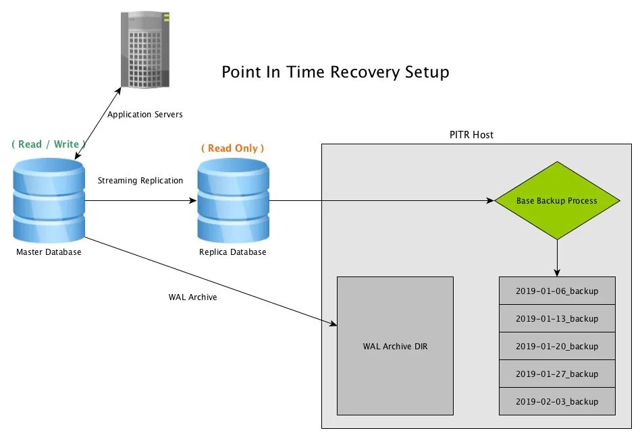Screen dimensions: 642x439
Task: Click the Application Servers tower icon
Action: pos(145,49)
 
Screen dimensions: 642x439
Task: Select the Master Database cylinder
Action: pos(49,200)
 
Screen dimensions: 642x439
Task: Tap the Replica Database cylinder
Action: pos(234,200)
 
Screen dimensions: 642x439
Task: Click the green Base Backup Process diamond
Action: pos(557,200)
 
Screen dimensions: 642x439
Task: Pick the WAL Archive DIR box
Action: pos(395,346)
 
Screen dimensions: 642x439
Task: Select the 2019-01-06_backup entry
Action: pos(557,291)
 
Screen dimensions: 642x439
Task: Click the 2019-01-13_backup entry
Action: pos(557,319)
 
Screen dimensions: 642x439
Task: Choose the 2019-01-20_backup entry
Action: pos(557,346)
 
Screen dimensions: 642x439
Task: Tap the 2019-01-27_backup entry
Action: pos(557,374)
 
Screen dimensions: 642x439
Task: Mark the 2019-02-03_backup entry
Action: pos(557,401)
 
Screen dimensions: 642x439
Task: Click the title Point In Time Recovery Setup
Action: pos(336,72)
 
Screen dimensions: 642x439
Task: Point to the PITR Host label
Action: pos(471,135)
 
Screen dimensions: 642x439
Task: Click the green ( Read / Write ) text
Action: pos(49,144)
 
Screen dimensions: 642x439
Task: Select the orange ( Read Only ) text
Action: pos(232,148)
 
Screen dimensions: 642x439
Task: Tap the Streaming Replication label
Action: pos(140,181)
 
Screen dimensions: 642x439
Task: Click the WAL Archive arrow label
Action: pos(192,297)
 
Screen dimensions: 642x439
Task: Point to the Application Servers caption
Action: pos(145,114)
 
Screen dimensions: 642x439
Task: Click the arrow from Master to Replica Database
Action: pos(141,200)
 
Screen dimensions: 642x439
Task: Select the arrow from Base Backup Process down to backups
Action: pos(557,258)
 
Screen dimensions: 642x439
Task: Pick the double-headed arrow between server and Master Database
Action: pos(98,123)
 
